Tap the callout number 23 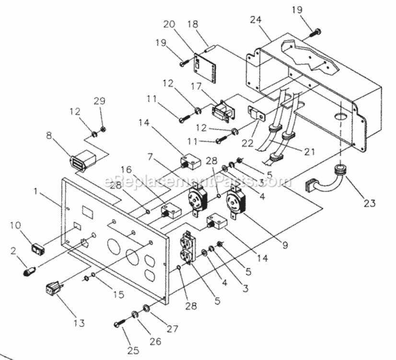coord(369,203)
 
